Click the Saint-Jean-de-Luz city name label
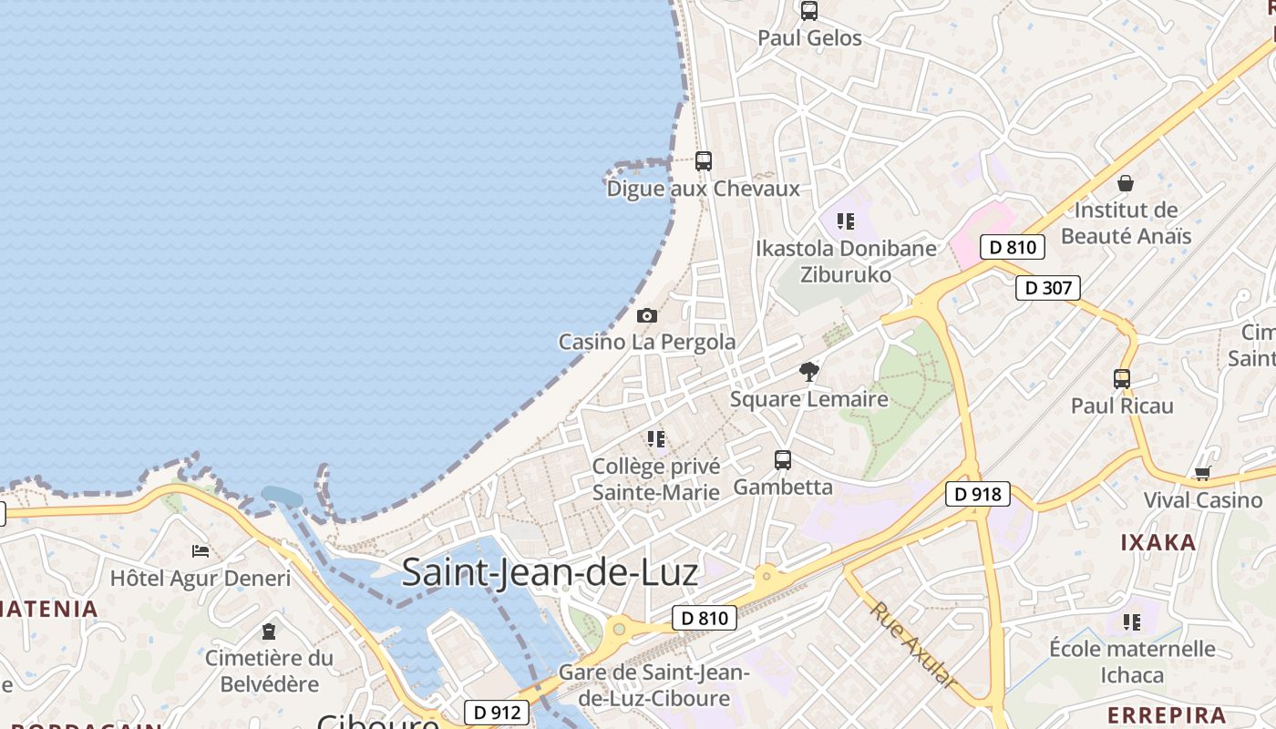tap(550, 572)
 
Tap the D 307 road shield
tap(1047, 288)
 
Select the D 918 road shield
tap(978, 494)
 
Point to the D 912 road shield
tap(497, 712)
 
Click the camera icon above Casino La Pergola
tap(647, 315)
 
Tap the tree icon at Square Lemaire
tap(808, 371)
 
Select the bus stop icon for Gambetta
tap(783, 460)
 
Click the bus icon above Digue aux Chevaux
tap(703, 161)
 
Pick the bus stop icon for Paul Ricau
tap(1122, 378)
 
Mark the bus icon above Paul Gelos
tap(808, 11)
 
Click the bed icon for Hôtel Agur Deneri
tap(201, 551)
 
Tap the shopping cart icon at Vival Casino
tap(1203, 473)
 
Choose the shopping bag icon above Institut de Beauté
tap(1126, 183)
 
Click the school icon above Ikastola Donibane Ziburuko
tap(846, 221)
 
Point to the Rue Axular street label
tap(913, 644)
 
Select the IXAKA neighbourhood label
tap(1158, 542)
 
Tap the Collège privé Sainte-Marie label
tap(656, 479)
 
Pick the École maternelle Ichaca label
tap(1132, 662)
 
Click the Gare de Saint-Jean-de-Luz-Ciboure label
tap(653, 685)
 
